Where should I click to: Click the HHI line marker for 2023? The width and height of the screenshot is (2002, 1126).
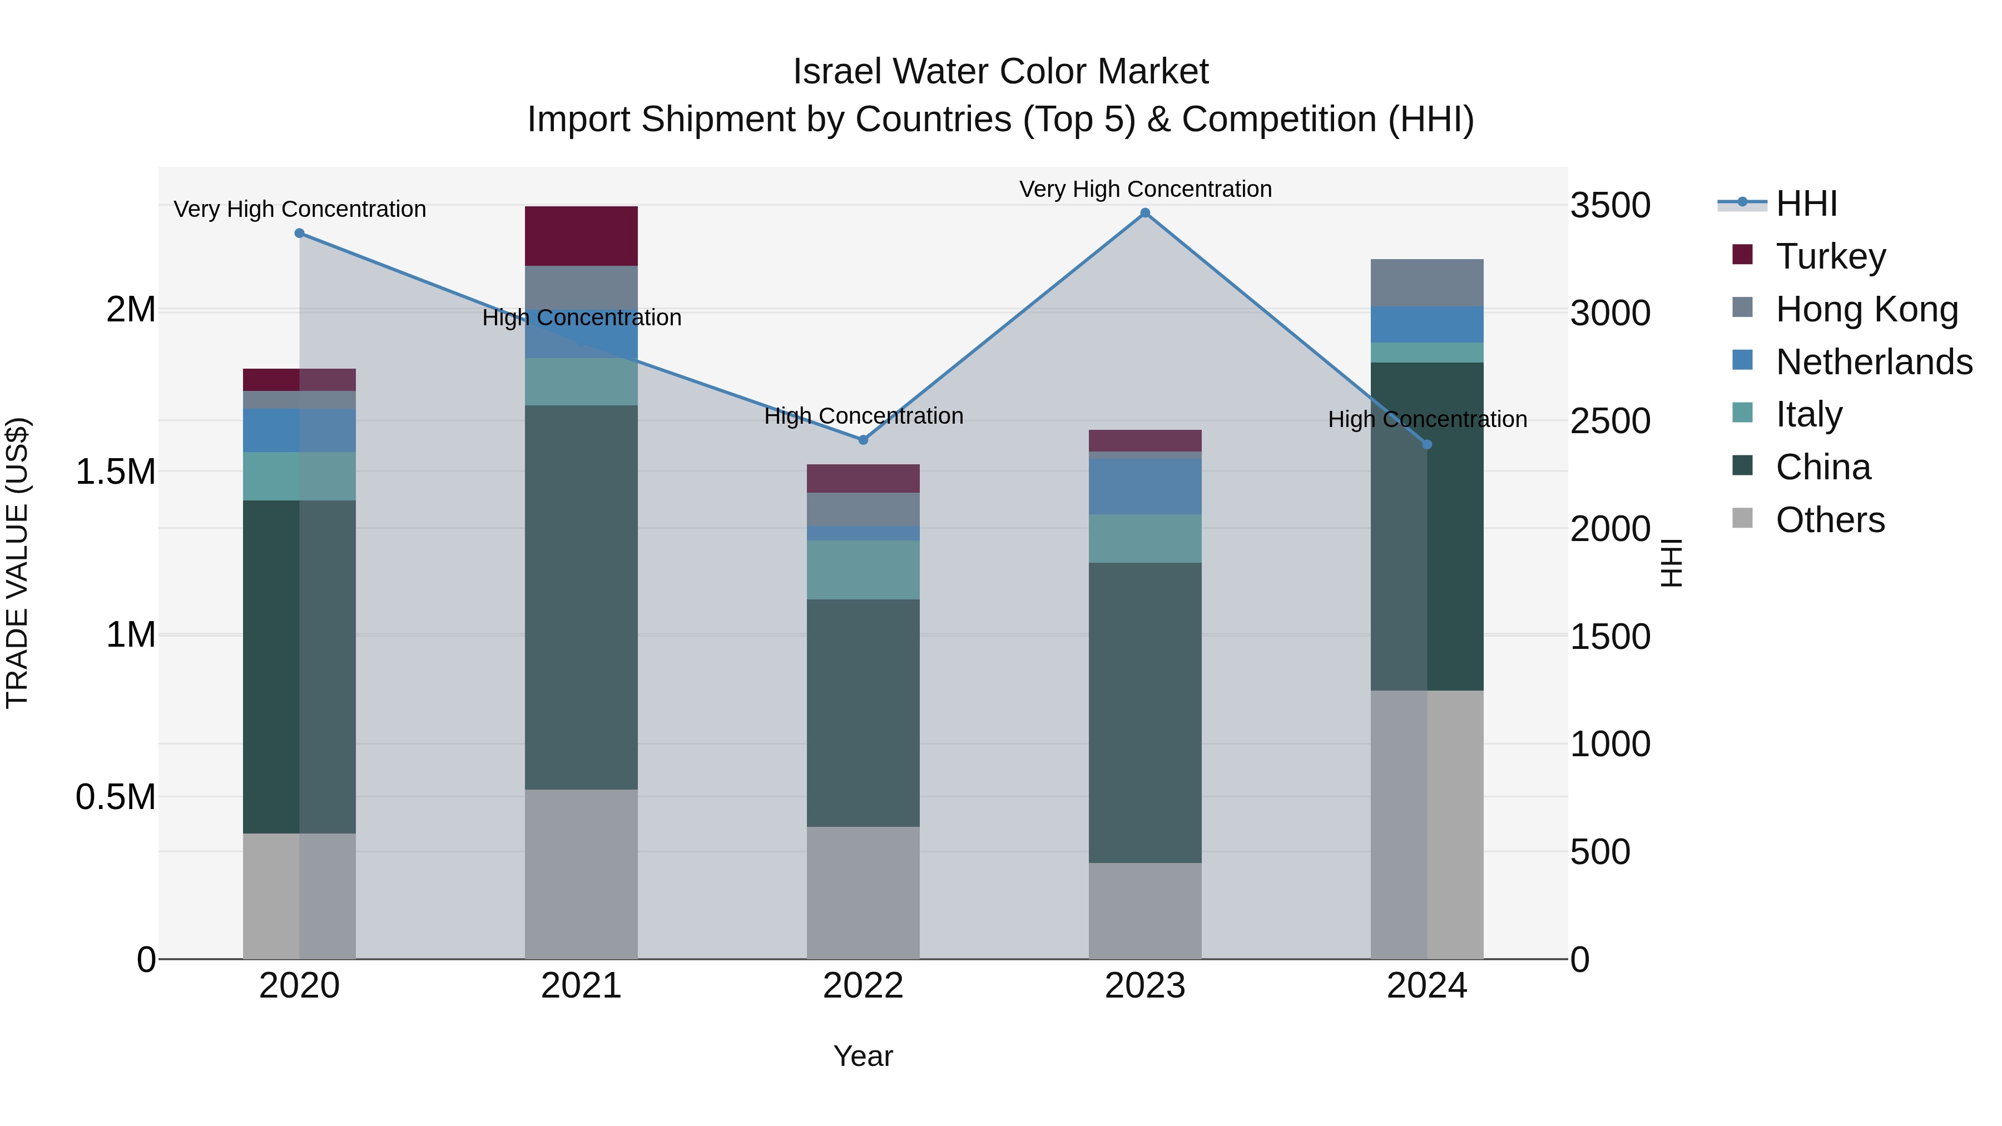point(1145,213)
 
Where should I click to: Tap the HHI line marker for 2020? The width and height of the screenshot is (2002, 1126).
point(300,233)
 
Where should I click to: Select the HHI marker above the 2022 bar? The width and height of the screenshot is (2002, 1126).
point(863,440)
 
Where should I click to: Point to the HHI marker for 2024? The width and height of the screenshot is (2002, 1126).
point(1427,444)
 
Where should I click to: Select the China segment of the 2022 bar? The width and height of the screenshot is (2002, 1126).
point(863,713)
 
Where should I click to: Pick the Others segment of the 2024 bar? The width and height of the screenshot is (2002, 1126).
point(1427,824)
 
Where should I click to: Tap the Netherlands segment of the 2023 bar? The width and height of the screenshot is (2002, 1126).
point(1145,485)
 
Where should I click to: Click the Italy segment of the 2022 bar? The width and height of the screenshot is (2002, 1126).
point(863,569)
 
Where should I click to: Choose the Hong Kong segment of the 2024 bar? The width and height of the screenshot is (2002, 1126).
point(1427,283)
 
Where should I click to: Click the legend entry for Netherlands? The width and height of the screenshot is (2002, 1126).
point(1873,362)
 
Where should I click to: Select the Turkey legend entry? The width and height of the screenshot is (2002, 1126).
point(1830,256)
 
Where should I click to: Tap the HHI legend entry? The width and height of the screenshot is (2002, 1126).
point(1806,204)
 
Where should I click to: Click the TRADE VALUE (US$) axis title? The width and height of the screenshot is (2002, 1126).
point(17,563)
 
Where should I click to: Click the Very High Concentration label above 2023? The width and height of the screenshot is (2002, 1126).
point(1145,189)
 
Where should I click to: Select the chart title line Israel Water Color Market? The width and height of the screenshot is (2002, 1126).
point(1000,72)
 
